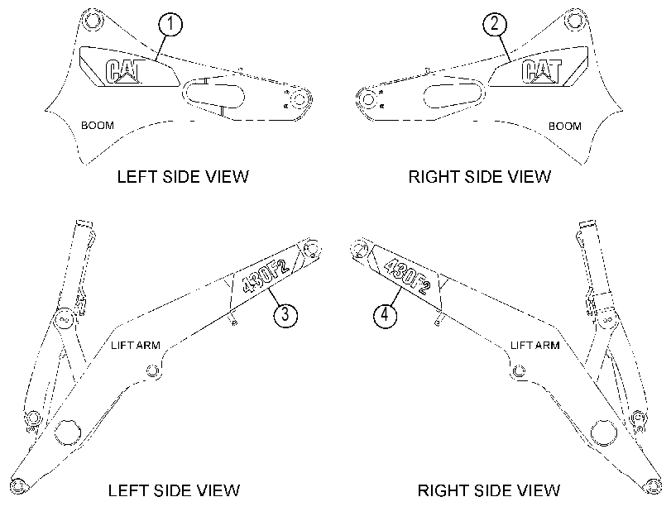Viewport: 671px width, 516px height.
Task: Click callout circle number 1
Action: (170, 23)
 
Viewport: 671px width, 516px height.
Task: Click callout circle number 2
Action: (495, 23)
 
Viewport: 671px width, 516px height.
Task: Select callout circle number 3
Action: (285, 315)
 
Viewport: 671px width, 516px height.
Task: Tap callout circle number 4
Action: (385, 315)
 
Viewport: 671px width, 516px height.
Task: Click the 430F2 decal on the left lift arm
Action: (266, 274)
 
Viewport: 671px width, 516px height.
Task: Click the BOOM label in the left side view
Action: (98, 126)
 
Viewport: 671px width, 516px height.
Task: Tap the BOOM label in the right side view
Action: (565, 127)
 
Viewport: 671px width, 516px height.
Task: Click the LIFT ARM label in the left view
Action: (135, 346)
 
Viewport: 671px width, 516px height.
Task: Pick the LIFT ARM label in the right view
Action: (535, 345)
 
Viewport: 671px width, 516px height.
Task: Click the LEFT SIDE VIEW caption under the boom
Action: (183, 177)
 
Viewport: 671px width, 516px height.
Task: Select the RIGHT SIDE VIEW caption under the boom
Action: (480, 177)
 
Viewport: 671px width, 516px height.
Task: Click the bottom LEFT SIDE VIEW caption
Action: (174, 490)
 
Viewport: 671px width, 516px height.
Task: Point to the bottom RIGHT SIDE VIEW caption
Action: (489, 490)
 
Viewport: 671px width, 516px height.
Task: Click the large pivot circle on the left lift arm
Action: (68, 432)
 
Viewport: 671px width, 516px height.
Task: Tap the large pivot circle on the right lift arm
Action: (603, 432)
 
